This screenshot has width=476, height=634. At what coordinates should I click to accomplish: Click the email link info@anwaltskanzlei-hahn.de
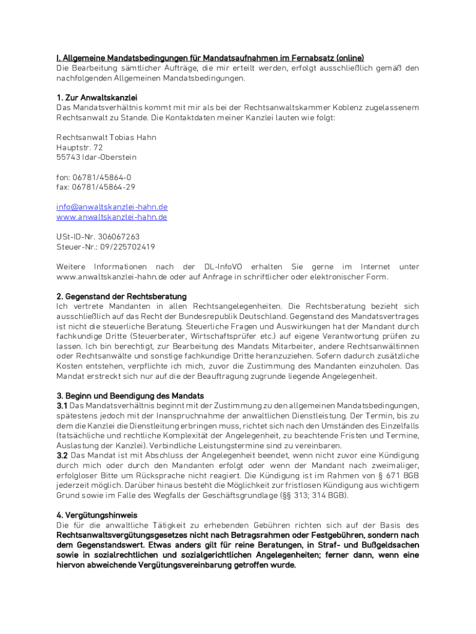pyautogui.click(x=112, y=207)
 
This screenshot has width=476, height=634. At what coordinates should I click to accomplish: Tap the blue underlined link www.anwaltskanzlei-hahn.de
pyautogui.click(x=112, y=217)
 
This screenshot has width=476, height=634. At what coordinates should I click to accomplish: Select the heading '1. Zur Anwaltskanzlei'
pyautogui.click(x=96, y=98)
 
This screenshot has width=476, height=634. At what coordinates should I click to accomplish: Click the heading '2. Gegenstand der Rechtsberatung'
pyautogui.click(x=121, y=297)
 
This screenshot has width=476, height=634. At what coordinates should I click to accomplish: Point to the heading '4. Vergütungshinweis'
pyautogui.click(x=96, y=515)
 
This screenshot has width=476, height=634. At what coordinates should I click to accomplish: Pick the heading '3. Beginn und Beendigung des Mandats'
pyautogui.click(x=130, y=396)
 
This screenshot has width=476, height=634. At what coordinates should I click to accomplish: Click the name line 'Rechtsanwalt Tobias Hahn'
pyautogui.click(x=106, y=137)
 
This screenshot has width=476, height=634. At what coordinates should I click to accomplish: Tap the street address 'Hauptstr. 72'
pyautogui.click(x=80, y=147)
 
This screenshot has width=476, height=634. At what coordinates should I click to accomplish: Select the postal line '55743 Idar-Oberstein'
pyautogui.click(x=96, y=157)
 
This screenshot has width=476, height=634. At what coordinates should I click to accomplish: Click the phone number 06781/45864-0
pyautogui.click(x=102, y=177)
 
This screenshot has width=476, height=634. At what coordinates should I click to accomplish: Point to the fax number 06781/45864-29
pyautogui.click(x=104, y=187)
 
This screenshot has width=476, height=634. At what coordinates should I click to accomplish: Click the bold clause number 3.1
pyautogui.click(x=62, y=406)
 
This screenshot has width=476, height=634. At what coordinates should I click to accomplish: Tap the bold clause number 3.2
pyautogui.click(x=62, y=455)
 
